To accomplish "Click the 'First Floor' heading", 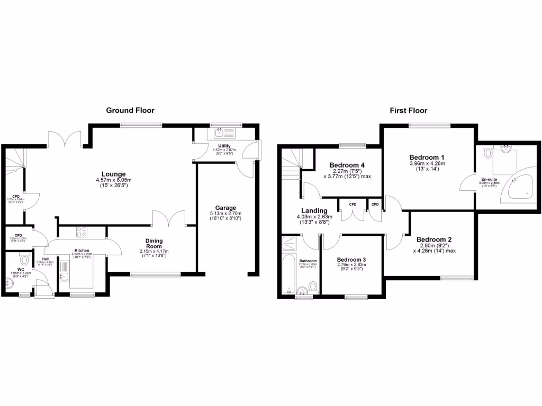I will point(408,110).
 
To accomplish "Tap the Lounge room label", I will point(114,174).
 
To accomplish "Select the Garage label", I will point(225,208).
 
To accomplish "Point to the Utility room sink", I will point(218,134).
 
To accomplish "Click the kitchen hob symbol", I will point(82,232).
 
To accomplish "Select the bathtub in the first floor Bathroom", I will point(288,273).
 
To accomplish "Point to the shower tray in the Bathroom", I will point(290,243).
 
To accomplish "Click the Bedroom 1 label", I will point(427,158).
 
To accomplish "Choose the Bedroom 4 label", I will point(347,164).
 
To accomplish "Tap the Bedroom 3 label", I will point(351,260).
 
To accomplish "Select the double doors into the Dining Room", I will point(169,217).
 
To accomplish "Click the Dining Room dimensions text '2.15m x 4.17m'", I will point(155,251).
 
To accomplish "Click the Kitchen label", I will point(82,250).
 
